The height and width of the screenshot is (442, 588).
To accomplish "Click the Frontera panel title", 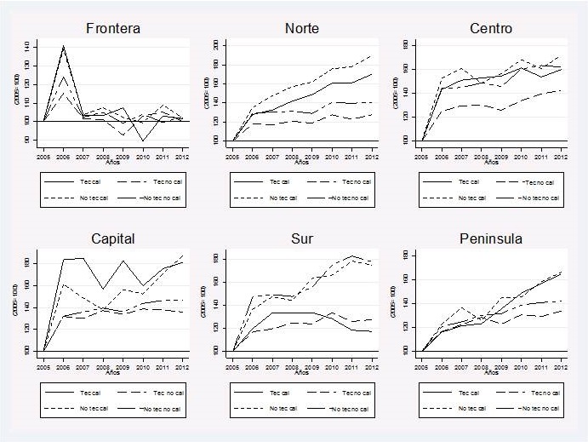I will tap(113, 28).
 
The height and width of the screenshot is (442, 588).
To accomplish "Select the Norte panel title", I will tap(302, 28).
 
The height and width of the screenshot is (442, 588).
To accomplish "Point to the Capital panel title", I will tap(113, 238).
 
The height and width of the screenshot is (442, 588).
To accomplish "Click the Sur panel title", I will tap(302, 238).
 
